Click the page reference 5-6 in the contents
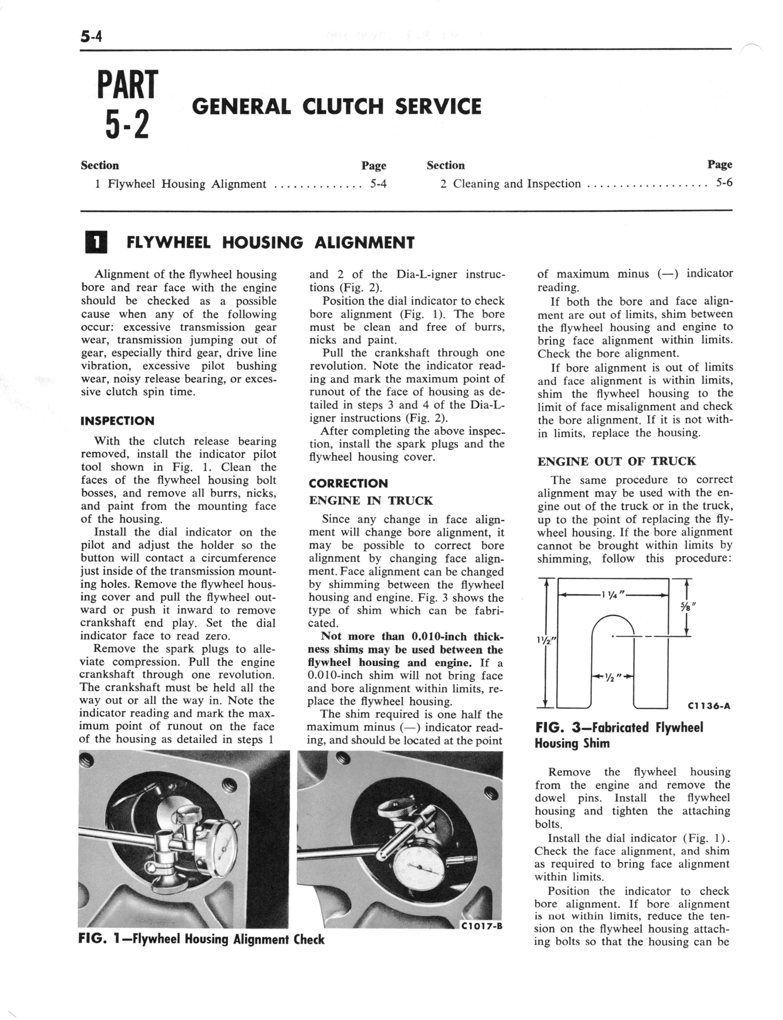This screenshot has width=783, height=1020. tap(724, 183)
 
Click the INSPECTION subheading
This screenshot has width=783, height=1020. tap(117, 421)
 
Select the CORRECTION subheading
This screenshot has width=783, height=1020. tap(348, 483)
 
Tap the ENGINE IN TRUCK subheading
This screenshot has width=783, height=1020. tap(371, 501)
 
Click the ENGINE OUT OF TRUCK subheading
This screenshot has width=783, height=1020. tap(616, 462)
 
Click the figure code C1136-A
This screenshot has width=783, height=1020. tap(708, 706)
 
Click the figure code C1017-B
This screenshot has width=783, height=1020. tap(481, 926)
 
